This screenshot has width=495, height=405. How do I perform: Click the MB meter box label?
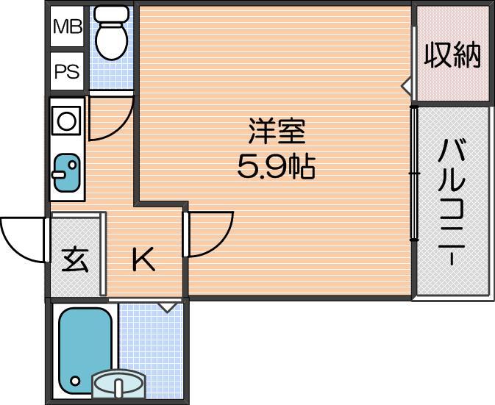(x=68, y=26)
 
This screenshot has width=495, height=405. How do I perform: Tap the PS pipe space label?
(x=67, y=71)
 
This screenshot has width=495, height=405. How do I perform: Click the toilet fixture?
(x=112, y=33)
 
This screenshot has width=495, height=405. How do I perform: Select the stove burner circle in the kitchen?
(x=67, y=121)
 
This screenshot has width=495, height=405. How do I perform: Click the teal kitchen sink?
(x=67, y=172)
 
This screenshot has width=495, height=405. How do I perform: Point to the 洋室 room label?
(x=277, y=131)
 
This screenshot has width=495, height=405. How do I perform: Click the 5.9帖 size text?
(x=277, y=166)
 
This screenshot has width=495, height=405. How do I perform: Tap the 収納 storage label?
(x=452, y=56)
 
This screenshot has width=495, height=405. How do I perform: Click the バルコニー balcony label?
(x=452, y=202)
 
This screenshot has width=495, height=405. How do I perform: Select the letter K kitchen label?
(x=143, y=259)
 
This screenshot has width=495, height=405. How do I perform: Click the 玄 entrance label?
(x=74, y=260)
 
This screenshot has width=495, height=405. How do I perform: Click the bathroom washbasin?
(x=118, y=384)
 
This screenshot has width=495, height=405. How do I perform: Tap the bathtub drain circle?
(x=75, y=381)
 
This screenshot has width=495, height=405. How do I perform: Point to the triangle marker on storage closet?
(x=406, y=85)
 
